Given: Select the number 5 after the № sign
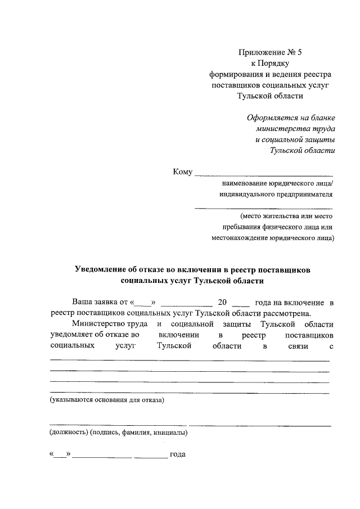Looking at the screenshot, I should click(x=299, y=53).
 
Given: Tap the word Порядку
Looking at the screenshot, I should click(x=276, y=64).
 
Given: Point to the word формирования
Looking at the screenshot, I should click(x=234, y=74).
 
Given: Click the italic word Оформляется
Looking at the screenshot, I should click(x=271, y=118).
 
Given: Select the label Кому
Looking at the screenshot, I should click(x=183, y=172).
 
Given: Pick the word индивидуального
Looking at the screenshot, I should click(x=245, y=195).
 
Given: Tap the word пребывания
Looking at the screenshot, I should click(x=242, y=227).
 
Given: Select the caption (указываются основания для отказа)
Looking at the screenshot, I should click(x=107, y=400).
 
